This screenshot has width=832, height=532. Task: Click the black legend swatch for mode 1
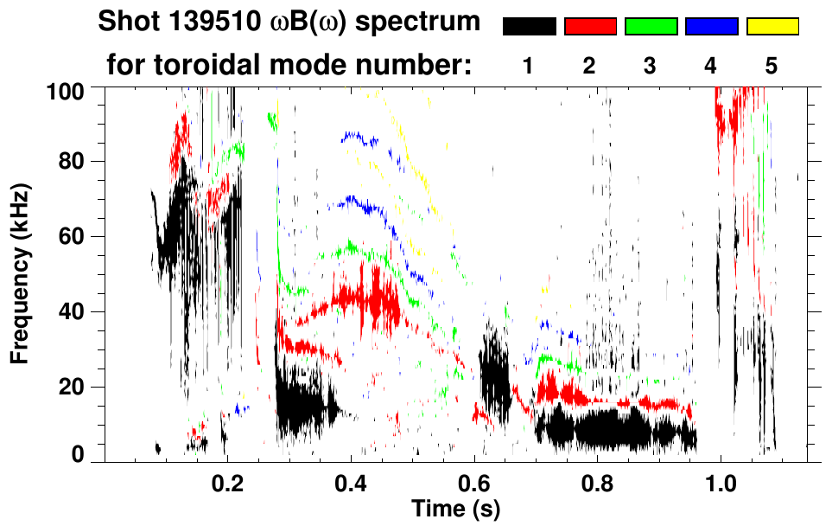pyautogui.click(x=530, y=27)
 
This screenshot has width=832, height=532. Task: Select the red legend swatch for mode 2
pyautogui.click(x=590, y=27)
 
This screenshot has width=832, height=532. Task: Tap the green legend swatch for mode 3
pyautogui.click(x=651, y=27)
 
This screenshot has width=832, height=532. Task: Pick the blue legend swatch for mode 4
pyautogui.click(x=711, y=27)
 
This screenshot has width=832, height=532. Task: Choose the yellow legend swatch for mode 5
pyautogui.click(x=772, y=27)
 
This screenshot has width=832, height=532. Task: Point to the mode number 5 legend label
pyautogui.click(x=772, y=66)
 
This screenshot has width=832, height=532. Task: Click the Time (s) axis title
pyautogui.click(x=455, y=508)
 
